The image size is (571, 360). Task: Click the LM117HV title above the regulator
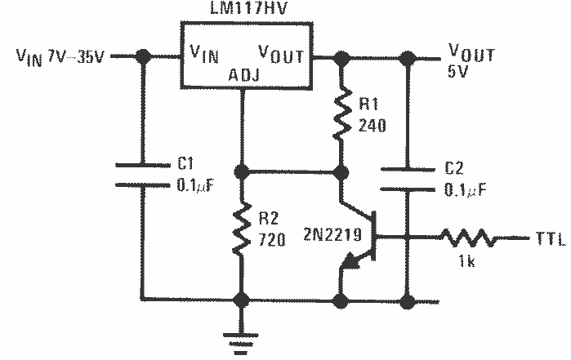tap(243, 10)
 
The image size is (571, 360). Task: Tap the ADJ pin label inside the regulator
tap(243, 78)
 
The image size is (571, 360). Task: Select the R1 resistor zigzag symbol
tap(343, 114)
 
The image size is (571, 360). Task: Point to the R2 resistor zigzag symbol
tap(242, 230)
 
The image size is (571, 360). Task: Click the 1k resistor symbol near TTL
tap(467, 238)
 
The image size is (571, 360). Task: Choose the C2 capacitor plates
tap(406, 179)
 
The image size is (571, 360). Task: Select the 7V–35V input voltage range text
tap(74, 57)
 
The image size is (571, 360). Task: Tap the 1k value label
tap(467, 263)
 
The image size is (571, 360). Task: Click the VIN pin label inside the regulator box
tap(204, 56)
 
